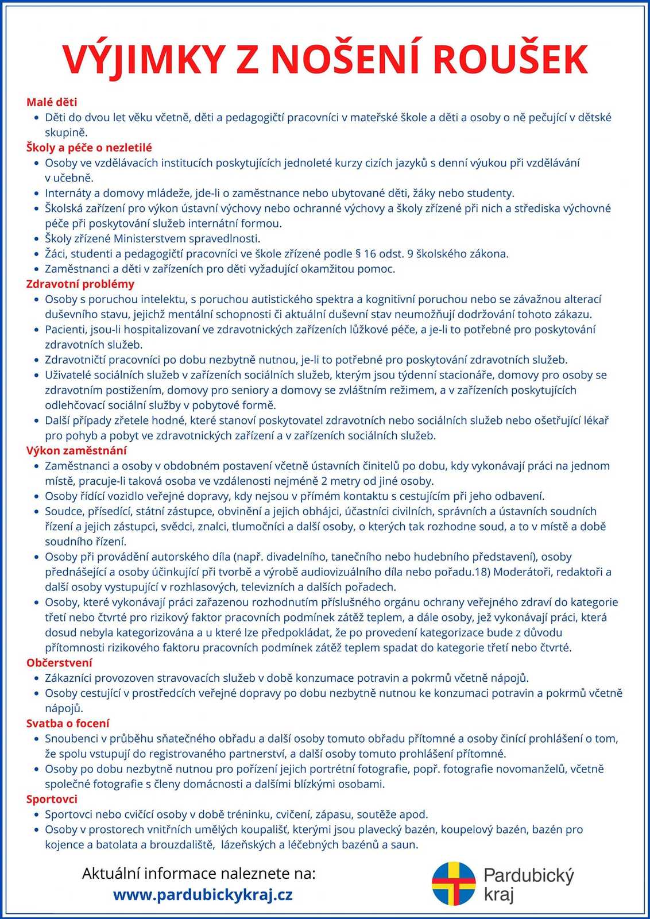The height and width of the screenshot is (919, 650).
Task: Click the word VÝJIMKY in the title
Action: pyautogui.click(x=144, y=60)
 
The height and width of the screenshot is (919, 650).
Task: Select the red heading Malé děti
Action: pyautogui.click(x=52, y=102)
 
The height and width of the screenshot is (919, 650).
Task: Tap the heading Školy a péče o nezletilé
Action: pyautogui.click(x=89, y=148)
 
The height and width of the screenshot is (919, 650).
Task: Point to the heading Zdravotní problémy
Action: pyautogui.click(x=80, y=284)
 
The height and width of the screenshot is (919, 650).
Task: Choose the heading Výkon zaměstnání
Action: pyautogui.click(x=76, y=450)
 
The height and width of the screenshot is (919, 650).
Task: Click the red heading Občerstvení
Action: pyautogui.click(x=59, y=663)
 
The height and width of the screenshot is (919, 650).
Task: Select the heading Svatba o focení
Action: pyautogui.click(x=68, y=723)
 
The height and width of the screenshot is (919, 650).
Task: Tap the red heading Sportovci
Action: pyautogui.click(x=52, y=799)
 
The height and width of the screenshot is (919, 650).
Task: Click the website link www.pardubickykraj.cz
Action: pyautogui.click(x=203, y=894)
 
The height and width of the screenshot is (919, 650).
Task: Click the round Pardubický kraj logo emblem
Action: pyautogui.click(x=454, y=883)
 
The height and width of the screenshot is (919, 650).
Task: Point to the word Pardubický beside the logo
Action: pyautogui.click(x=529, y=876)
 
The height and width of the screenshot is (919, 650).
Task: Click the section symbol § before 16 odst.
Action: pyautogui.click(x=358, y=254)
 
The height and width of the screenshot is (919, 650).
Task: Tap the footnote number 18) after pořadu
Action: pyautogui.click(x=481, y=572)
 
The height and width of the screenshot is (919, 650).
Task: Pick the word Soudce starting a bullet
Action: pyautogui.click(x=64, y=511)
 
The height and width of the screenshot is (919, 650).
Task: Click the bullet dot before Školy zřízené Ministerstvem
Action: pyautogui.click(x=38, y=239)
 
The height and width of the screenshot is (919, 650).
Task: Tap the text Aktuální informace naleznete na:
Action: pyautogui.click(x=199, y=874)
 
